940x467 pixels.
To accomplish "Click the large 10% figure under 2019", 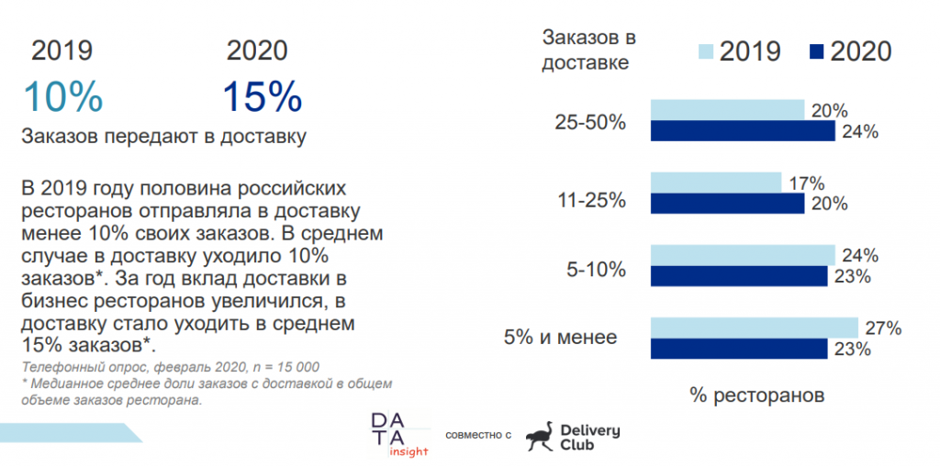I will click(x=62, y=96).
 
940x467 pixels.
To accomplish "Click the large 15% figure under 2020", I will click(x=262, y=96).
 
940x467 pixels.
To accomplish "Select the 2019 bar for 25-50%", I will click(x=727, y=110).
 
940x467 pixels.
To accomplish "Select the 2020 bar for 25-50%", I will click(x=743, y=131).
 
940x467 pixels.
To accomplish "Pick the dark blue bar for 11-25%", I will click(x=727, y=203).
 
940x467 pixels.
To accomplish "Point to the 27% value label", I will click(x=882, y=328).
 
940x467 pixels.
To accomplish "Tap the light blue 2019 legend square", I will click(x=706, y=50).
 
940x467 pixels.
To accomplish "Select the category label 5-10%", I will click(x=598, y=269).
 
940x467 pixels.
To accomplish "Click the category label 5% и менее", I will click(x=560, y=338).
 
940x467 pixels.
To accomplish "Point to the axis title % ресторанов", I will click(x=756, y=395).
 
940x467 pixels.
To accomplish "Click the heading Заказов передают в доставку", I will click(x=163, y=138).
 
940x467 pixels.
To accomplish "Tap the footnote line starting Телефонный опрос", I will click(x=170, y=365).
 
